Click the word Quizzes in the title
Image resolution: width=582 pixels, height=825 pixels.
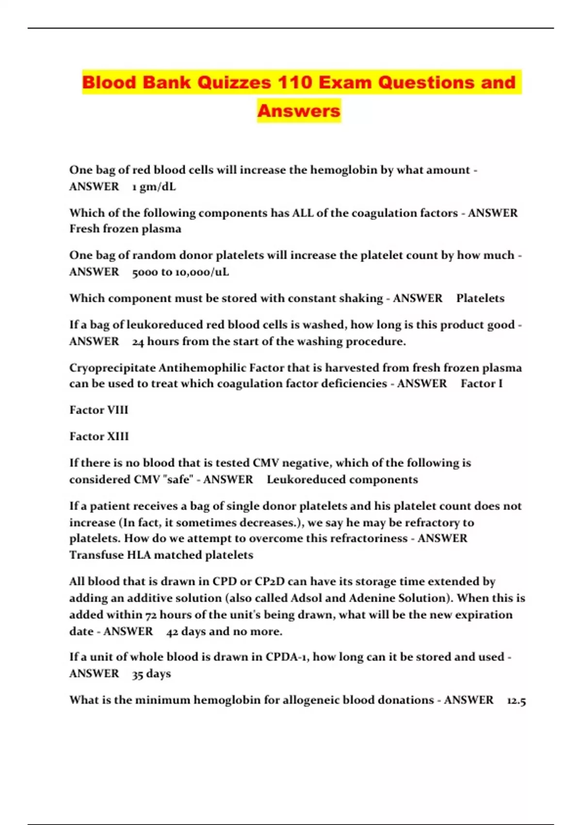[235, 82]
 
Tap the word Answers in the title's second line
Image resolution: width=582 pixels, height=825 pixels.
[299, 111]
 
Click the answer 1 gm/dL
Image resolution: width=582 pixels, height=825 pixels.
[154, 187]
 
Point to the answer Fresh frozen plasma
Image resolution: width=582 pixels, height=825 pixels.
[125, 229]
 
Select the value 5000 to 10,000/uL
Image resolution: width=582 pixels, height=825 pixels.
[180, 272]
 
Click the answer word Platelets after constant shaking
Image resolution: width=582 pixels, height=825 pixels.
[480, 298]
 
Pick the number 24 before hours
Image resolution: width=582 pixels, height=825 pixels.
[138, 342]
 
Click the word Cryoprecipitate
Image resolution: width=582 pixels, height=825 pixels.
[113, 368]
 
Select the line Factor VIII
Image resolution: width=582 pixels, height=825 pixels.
[99, 410]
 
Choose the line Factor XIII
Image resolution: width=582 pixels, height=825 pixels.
[99, 436]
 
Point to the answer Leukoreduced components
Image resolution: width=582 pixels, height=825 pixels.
[342, 479]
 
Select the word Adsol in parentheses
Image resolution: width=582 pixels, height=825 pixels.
[305, 598]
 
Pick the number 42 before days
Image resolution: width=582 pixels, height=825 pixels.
[172, 631]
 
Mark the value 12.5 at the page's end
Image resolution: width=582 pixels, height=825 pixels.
[516, 700]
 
